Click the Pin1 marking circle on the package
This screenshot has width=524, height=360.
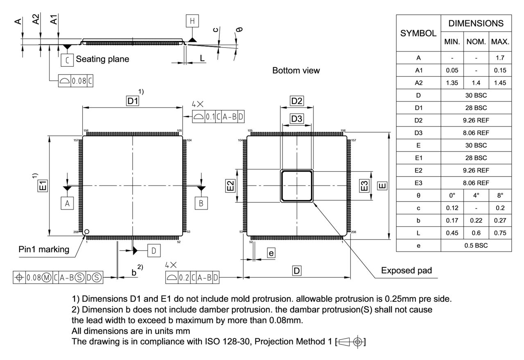87,232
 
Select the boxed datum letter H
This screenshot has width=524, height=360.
192,21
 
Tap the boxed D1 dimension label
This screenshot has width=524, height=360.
133,101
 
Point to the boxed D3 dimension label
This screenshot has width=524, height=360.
297,119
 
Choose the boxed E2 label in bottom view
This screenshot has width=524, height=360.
231,186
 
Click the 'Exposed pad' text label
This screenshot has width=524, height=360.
407,270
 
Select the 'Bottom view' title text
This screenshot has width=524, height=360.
296,70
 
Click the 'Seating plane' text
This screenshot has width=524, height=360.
102,59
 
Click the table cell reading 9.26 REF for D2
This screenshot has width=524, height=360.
476,120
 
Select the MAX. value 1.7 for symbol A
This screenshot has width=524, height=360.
500,58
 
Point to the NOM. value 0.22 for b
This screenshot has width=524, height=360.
476,220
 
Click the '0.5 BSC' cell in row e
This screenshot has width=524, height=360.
476,245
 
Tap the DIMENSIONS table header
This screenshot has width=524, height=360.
476,23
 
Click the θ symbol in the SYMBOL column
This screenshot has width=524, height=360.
418,195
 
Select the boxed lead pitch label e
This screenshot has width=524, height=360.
271,253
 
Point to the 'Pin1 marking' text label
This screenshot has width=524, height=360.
44,249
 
